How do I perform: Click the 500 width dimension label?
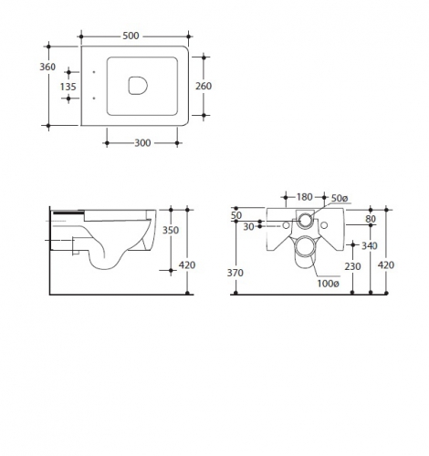tap(131, 36)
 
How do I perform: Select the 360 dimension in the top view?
tap(47, 67)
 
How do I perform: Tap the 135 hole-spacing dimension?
tap(68, 87)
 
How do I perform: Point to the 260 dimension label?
tap(204, 87)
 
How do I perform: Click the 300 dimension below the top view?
tap(142, 143)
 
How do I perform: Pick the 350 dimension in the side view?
tap(171, 230)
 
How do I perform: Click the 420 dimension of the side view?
tap(187, 265)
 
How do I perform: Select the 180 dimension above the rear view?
tap(305, 197)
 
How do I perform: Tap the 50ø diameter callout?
tap(340, 198)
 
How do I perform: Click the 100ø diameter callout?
tap(329, 284)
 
